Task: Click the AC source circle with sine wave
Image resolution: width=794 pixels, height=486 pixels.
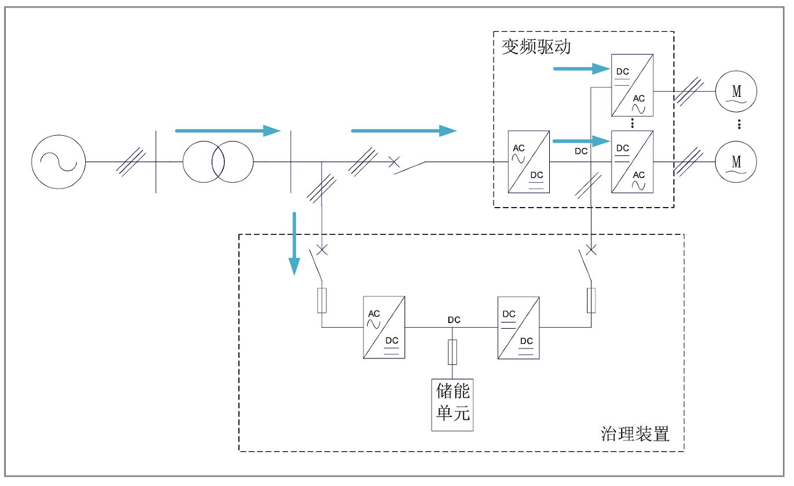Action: (59, 162)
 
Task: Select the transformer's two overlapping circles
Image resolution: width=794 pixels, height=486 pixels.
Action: (218, 162)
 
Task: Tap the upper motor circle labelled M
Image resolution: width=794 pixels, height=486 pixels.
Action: (736, 91)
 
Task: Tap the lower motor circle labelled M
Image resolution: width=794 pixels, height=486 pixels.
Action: (736, 162)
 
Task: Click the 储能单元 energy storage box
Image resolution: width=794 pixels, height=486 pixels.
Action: (452, 404)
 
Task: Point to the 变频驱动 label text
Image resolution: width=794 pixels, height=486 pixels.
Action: (536, 47)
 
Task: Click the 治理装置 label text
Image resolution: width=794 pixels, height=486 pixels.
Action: (635, 434)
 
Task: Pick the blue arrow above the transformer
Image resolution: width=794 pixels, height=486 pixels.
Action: (227, 130)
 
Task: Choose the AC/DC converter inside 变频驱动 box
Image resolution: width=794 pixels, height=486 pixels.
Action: (528, 162)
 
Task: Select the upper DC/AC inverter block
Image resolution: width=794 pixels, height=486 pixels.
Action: (632, 85)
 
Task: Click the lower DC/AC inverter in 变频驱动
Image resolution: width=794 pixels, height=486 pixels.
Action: (632, 162)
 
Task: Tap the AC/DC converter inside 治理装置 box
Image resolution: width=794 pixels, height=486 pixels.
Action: (384, 328)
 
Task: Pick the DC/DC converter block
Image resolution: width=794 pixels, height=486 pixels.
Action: (519, 328)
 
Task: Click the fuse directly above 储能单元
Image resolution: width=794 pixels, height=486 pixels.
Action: (452, 352)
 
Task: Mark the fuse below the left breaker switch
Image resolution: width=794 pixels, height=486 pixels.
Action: (322, 300)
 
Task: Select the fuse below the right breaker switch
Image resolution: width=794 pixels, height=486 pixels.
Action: (591, 300)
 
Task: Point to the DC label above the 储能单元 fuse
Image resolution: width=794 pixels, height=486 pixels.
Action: (454, 320)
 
